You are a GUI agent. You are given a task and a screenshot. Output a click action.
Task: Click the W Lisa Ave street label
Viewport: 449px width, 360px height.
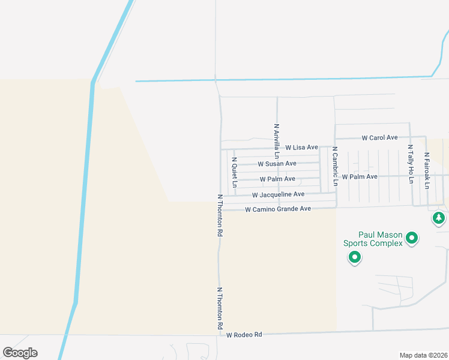pos(301,147)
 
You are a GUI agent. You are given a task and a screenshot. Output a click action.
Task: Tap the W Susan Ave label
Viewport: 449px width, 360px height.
pos(277,163)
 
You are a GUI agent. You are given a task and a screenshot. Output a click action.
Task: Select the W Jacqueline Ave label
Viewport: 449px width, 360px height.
pos(278,194)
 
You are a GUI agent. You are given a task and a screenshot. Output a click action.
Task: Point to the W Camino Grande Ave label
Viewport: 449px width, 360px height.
pos(278,209)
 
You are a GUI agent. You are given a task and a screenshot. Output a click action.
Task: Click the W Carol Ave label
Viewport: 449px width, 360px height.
pos(379,137)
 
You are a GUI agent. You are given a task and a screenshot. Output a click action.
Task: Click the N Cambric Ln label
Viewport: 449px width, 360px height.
pos(335,166)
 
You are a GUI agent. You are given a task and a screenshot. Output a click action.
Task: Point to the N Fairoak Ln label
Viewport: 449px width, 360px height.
pos(426,171)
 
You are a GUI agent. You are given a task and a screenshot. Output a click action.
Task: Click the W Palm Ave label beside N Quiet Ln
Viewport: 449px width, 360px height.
pos(277,179)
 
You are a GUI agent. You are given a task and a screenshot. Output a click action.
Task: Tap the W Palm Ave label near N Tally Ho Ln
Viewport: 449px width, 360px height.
pos(359,176)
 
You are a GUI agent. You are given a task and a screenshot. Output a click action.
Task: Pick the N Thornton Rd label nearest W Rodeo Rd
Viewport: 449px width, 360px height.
pos(220,308)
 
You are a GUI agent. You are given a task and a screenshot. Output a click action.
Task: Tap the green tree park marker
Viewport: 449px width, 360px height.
pos(439,218)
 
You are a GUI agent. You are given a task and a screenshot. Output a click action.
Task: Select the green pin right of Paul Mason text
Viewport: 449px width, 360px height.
pos(412,238)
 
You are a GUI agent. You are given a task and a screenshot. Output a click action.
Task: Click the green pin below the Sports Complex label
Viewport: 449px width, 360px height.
pos(354,258)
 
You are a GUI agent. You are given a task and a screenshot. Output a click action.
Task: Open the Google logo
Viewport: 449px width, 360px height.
pos(20,353)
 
